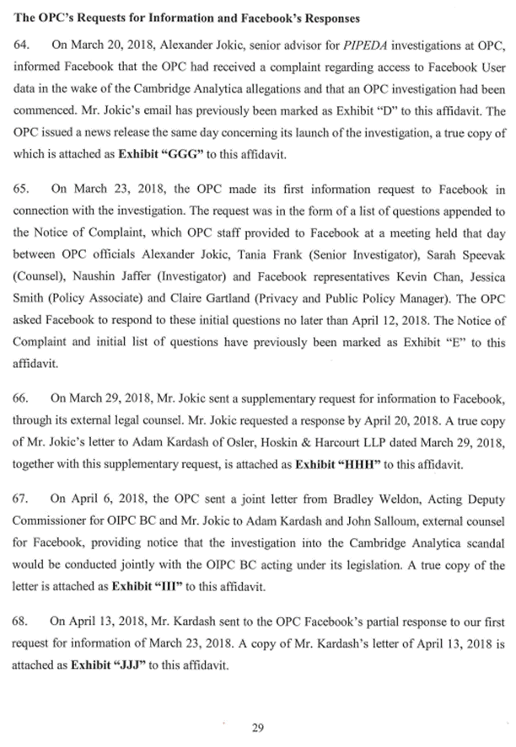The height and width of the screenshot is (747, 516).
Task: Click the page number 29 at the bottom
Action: [x=258, y=728]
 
